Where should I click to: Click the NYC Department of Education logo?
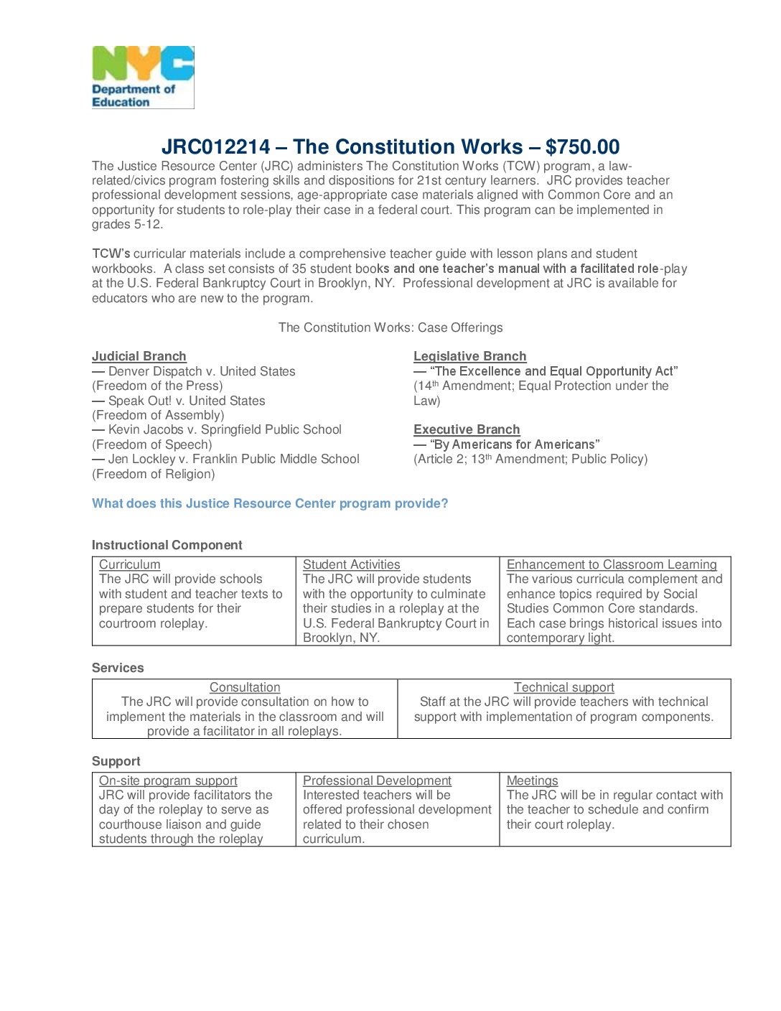(143, 78)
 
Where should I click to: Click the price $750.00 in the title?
(582, 147)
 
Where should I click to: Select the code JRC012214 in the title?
(215, 147)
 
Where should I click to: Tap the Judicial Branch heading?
(139, 357)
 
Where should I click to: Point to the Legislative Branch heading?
(469, 357)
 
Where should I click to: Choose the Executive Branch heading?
(467, 430)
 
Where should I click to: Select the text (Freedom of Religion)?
(154, 475)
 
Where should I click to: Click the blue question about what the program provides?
(270, 504)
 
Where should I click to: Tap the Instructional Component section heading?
(167, 546)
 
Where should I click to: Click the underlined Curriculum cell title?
(130, 565)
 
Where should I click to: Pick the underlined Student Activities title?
(351, 565)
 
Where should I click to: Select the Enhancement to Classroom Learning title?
(612, 565)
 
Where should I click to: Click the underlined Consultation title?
(245, 688)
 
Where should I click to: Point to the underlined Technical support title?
(564, 688)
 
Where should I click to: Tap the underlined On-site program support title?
(168, 781)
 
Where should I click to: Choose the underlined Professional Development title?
(377, 781)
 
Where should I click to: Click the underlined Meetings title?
(532, 781)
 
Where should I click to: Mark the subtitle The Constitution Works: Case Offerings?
(390, 328)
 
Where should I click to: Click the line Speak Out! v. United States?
(186, 401)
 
